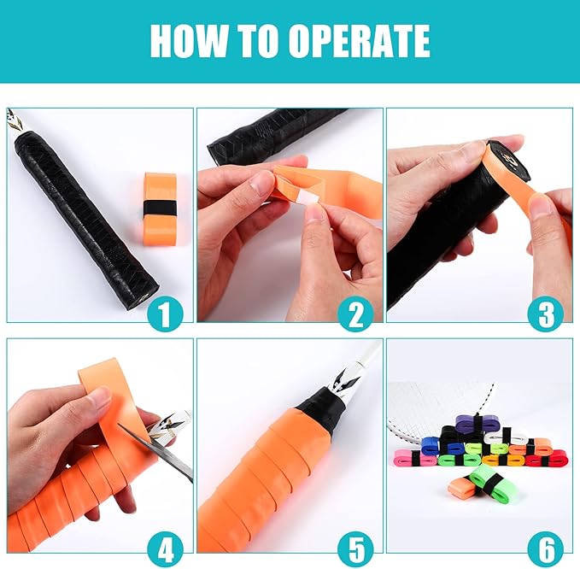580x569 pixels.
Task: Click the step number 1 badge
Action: [165, 314]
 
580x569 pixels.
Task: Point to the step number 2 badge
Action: [355, 314]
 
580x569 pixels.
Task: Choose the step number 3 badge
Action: [546, 314]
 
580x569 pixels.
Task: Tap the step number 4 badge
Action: [165, 548]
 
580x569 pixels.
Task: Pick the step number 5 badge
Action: [355, 548]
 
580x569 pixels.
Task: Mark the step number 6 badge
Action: [546, 548]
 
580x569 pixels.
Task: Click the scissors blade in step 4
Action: [158, 452]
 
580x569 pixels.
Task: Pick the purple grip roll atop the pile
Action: [473, 423]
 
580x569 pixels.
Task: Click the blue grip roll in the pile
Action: [434, 445]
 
